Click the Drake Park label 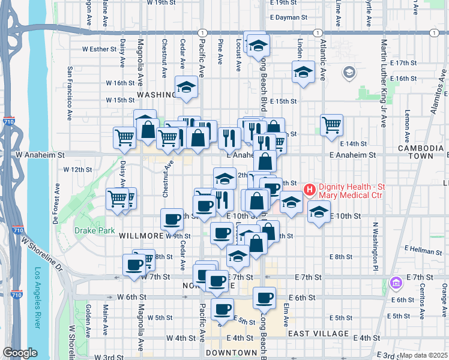coord(89,230)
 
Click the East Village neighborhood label coord(318,334)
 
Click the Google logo coord(20,353)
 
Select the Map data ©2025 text coord(424,355)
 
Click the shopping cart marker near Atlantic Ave coord(331,125)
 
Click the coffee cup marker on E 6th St coord(264,297)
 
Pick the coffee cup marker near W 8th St coord(133,265)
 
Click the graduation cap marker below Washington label coord(186,87)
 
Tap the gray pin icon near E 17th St coord(349,73)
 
